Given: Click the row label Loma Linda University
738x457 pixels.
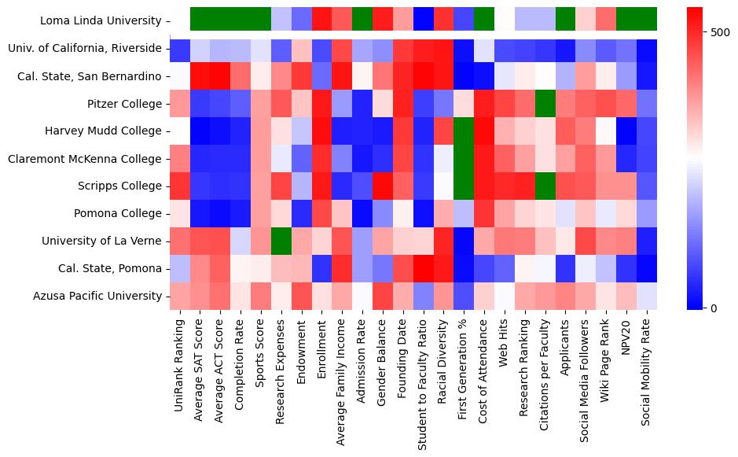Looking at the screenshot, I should (90, 20).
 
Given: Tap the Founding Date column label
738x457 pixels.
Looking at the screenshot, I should (402, 358).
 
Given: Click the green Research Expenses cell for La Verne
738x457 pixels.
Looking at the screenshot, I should (280, 241).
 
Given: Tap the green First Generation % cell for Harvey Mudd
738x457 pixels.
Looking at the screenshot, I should (464, 131).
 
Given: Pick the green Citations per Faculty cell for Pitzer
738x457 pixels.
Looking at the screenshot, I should (545, 103).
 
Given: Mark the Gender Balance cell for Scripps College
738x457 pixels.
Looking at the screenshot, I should (382, 186).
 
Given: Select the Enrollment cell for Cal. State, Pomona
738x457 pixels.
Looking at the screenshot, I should (321, 268).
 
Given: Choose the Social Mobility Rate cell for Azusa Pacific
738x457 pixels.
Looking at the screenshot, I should (648, 296).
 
